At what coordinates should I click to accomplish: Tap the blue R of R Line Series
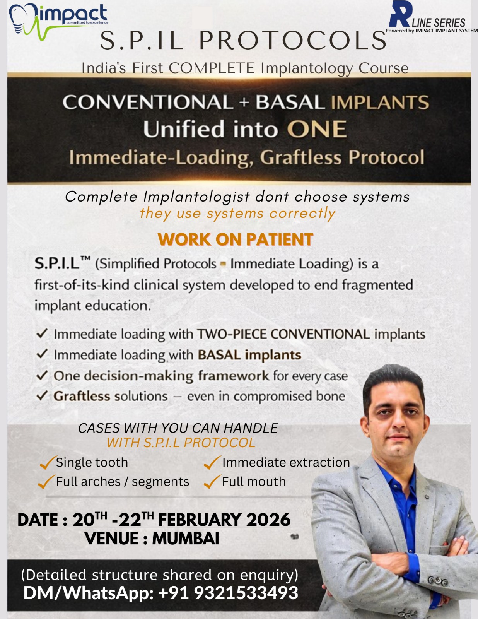401,14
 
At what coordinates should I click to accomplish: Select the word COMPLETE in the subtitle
212,68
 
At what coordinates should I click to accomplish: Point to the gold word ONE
317,129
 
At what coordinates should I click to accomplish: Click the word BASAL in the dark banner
290,102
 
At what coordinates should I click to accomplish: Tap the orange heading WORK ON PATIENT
236,239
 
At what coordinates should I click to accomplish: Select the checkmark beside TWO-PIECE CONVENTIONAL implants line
42,333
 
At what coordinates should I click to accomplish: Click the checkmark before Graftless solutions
42,395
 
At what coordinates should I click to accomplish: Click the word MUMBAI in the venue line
186,539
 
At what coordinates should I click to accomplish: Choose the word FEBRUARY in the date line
200,520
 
